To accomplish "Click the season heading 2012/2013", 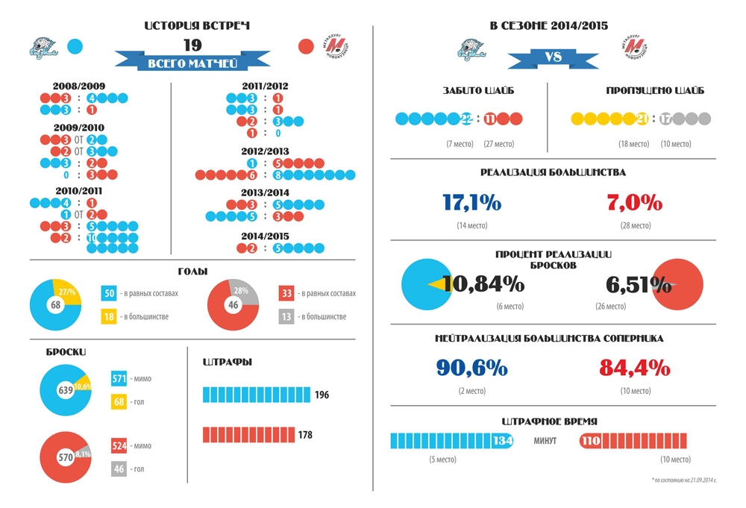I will point(266,151).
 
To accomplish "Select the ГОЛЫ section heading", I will point(192,272).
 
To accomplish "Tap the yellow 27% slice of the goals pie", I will point(67,292).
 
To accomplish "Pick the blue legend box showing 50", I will point(110,293).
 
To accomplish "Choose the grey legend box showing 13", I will point(286,316).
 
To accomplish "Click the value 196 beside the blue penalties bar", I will point(322,395).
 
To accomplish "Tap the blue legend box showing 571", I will point(119,379).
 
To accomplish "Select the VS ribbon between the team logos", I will point(551,57).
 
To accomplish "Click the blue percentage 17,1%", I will point(471,202).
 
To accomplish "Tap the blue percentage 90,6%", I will point(471,368).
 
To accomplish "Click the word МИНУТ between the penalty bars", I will point(545,441).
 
